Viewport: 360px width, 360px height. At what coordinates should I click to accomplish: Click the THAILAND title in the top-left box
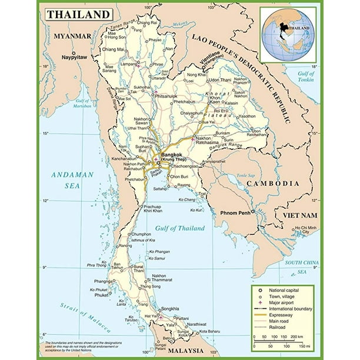[78, 14]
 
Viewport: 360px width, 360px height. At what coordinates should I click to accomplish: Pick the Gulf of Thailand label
[180, 228]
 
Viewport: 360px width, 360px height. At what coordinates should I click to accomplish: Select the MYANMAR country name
[72, 36]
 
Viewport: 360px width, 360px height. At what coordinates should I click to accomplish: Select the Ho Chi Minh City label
[305, 230]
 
